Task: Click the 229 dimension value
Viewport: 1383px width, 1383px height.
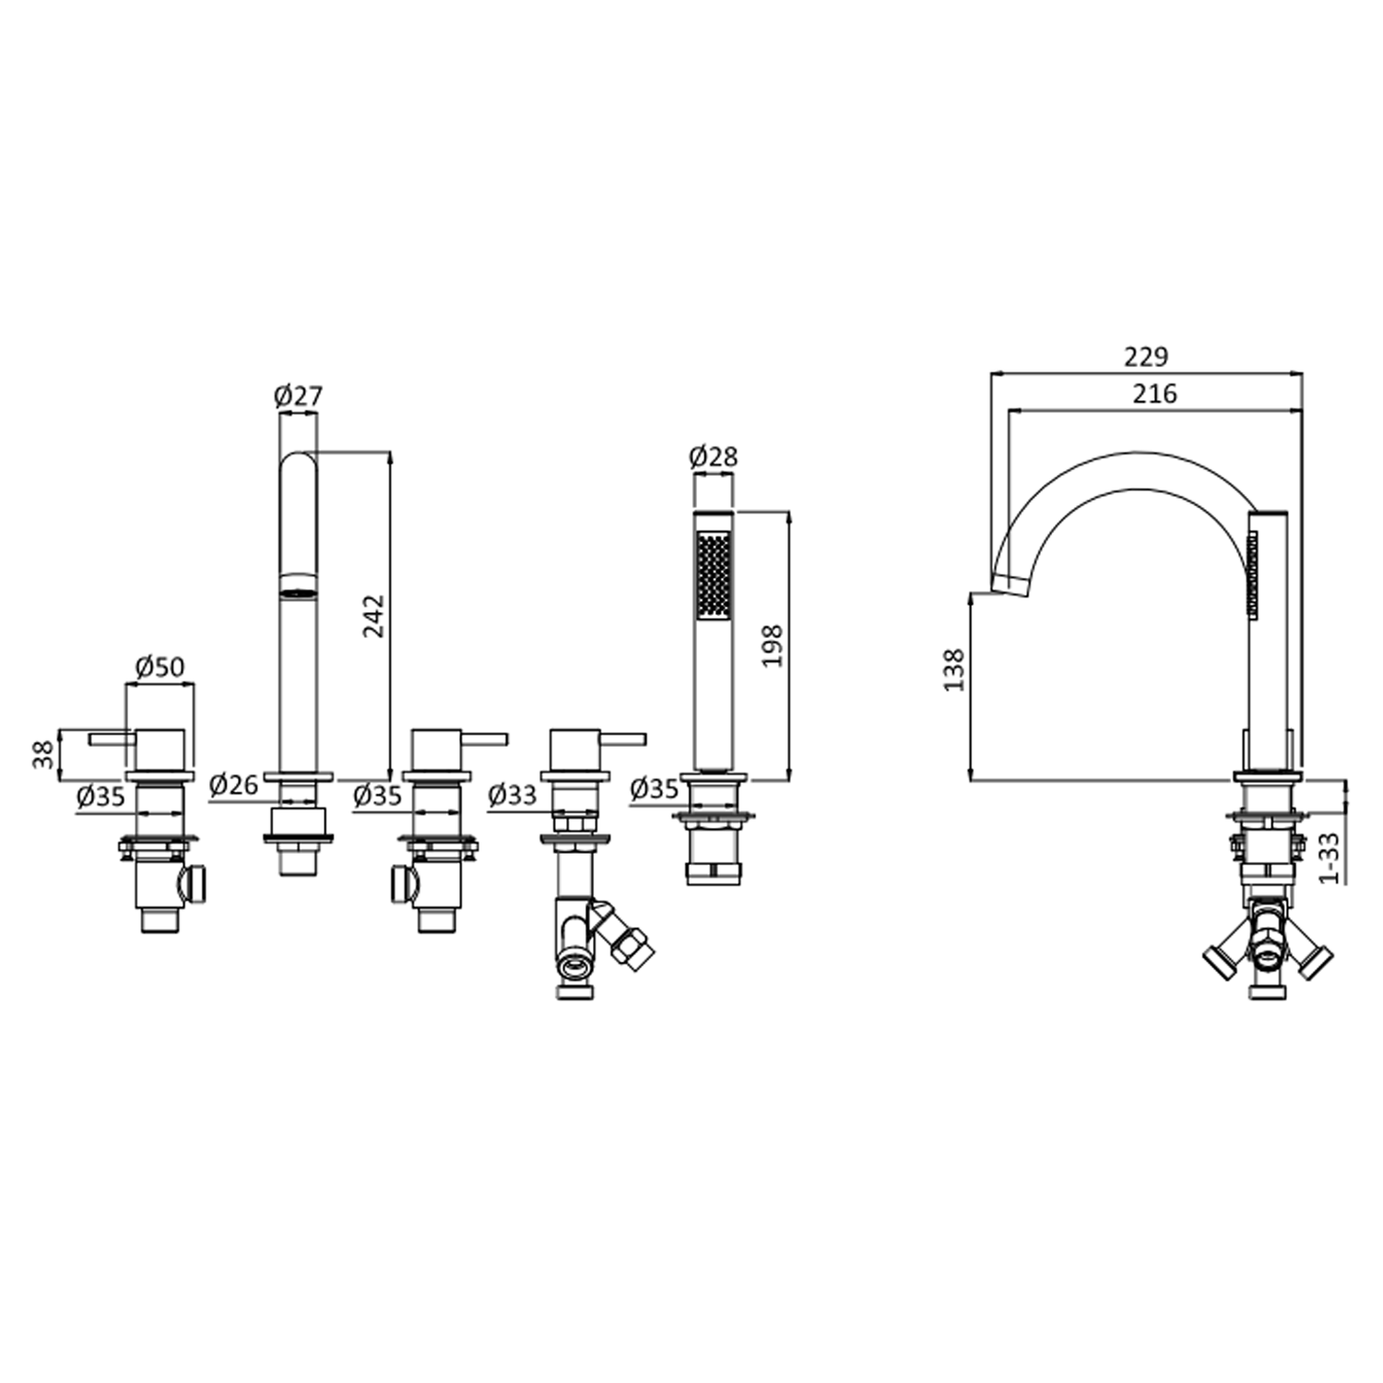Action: click(x=1146, y=356)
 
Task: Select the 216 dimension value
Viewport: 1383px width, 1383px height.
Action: click(x=1155, y=394)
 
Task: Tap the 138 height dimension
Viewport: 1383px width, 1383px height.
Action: click(x=954, y=670)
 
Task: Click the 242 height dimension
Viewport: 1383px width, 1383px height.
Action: click(x=373, y=616)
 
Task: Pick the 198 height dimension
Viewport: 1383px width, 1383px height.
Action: click(x=773, y=645)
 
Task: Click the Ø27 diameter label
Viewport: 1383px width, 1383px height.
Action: click(x=298, y=396)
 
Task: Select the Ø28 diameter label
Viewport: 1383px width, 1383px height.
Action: click(x=713, y=456)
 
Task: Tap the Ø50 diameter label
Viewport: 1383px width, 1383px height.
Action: click(x=160, y=667)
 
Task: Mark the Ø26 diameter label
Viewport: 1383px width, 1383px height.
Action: click(x=233, y=786)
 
